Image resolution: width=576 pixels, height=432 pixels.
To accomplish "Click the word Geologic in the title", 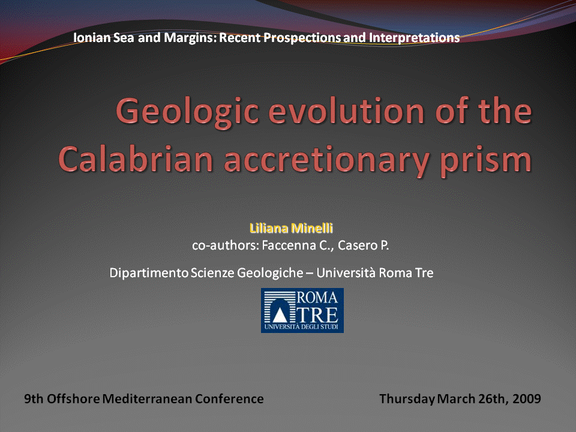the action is [187, 112].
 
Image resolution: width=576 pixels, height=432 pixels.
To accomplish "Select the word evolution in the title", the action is [346, 110].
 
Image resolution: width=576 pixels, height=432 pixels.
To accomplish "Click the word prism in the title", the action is [485, 161].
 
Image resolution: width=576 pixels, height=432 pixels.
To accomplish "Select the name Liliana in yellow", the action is [269, 228].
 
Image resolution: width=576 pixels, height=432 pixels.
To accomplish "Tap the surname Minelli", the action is [312, 228].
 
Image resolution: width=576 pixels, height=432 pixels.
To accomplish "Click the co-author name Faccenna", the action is [289, 245].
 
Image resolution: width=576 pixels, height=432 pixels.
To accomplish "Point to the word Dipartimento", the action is [149, 273].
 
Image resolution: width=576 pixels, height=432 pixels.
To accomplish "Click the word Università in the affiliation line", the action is [346, 272].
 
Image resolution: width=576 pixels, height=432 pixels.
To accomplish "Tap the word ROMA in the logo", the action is [317, 297].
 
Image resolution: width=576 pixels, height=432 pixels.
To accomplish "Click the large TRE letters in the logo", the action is [317, 315].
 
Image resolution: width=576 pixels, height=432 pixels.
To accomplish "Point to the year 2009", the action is [527, 398].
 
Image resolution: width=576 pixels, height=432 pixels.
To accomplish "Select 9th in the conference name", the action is [34, 398].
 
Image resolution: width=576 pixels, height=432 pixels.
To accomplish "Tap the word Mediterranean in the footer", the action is [147, 398].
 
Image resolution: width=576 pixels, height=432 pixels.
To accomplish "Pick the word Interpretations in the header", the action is [415, 37].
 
